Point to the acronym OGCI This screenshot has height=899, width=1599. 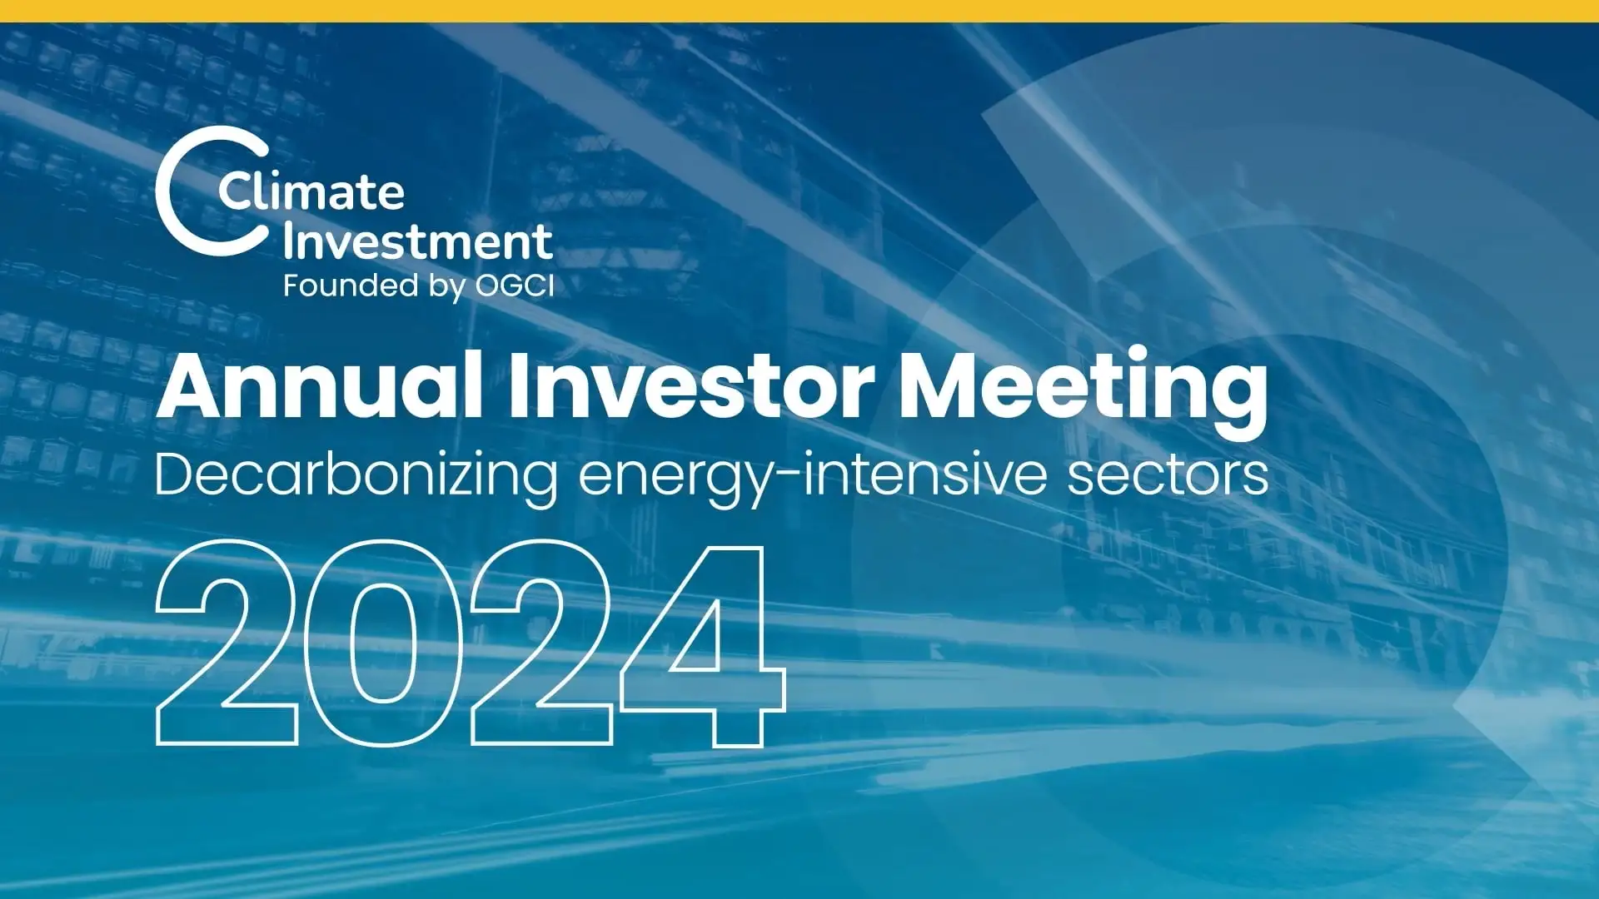[x=514, y=286]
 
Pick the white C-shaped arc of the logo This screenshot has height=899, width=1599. [x=171, y=191]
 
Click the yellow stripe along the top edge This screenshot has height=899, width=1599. [x=799, y=11]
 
